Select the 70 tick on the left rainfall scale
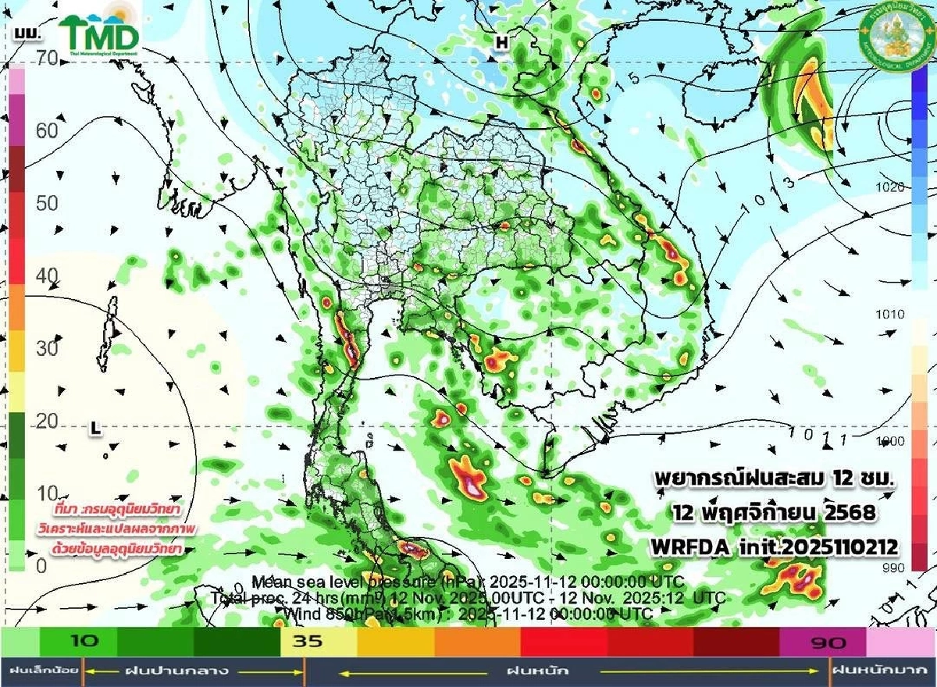tap(47, 57)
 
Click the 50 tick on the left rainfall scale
tap(47, 203)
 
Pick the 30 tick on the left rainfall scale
tap(47, 348)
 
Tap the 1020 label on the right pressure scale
tap(890, 187)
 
